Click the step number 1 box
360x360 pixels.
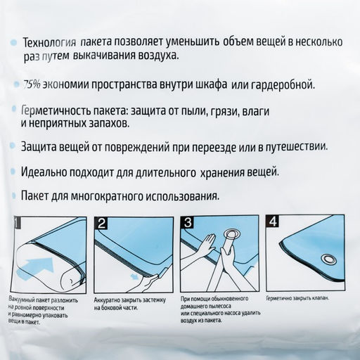pos(18,224)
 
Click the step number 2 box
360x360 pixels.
pos(102,224)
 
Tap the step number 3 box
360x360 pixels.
pos(188,224)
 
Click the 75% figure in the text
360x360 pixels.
pos(32,85)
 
